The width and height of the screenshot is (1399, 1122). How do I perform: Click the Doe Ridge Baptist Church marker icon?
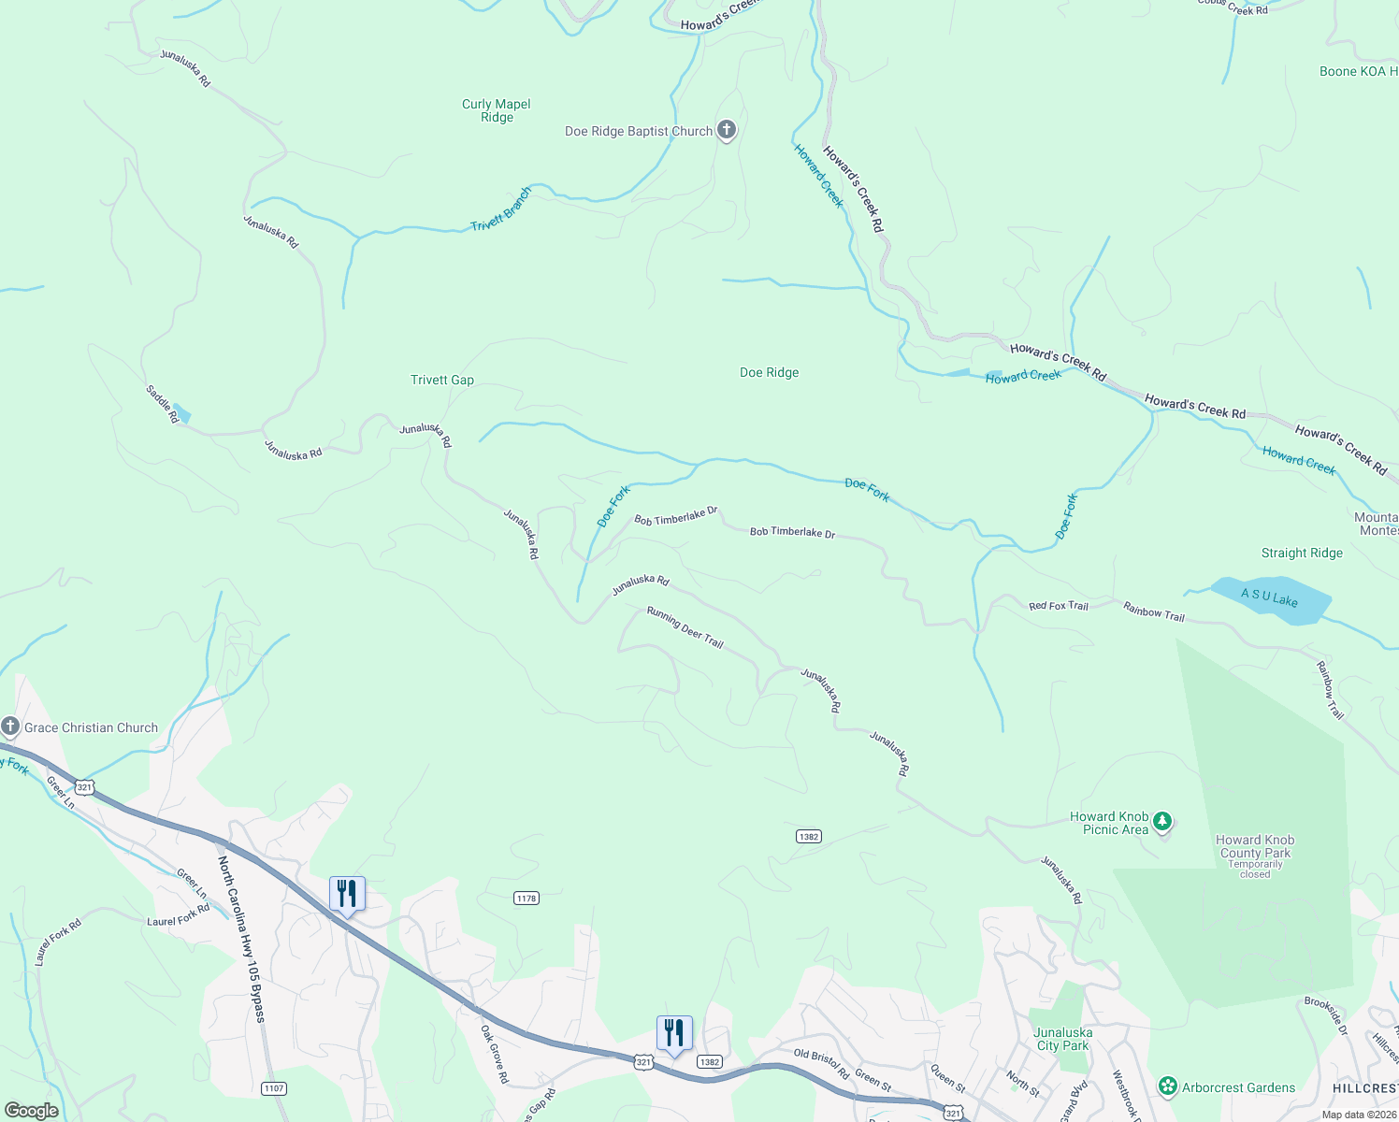[x=727, y=131]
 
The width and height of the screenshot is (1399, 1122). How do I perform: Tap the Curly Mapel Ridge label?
[x=497, y=110]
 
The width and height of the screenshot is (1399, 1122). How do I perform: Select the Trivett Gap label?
[x=442, y=380]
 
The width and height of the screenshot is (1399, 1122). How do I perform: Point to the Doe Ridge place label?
[x=769, y=372]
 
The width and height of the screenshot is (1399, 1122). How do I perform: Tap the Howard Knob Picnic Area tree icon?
[x=1162, y=822]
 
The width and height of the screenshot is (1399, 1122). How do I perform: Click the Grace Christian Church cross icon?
[x=10, y=726]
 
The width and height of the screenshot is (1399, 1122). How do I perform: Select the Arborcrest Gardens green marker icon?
[x=1167, y=1086]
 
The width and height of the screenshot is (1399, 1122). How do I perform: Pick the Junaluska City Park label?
[x=1063, y=1039]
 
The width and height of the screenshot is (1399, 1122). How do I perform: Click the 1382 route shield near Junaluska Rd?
[x=809, y=836]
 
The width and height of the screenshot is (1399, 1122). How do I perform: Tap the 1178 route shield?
[x=526, y=898]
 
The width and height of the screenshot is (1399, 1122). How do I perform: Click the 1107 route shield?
[x=274, y=1088]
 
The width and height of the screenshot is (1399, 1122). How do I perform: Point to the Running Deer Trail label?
[x=685, y=626]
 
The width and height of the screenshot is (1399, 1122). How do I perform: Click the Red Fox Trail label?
[x=1059, y=606]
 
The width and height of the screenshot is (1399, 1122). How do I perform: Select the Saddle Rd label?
[x=162, y=403]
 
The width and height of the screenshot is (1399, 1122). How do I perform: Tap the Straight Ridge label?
[x=1302, y=553]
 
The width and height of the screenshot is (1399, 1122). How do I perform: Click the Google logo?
[x=32, y=1111]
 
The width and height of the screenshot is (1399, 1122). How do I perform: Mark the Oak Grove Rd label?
[x=495, y=1054]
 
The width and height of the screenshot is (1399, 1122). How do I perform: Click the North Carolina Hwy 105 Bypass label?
[x=241, y=939]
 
